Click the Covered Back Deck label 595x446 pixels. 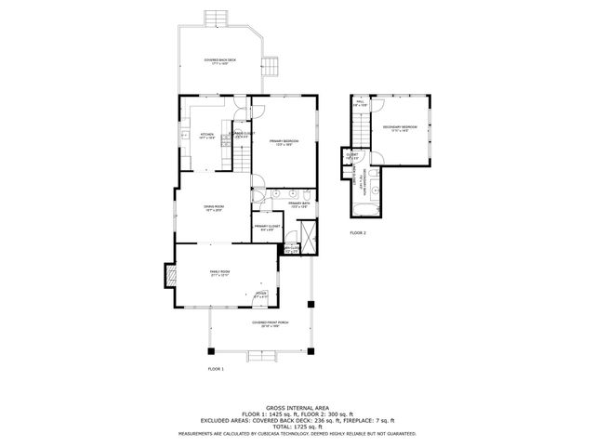[x=219, y=63]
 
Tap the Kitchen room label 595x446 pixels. [x=207, y=137]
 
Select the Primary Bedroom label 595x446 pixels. [x=284, y=142]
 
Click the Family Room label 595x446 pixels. [x=219, y=273]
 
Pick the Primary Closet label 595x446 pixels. [x=267, y=227]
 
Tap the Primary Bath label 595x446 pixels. [x=297, y=203]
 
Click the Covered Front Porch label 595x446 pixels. [x=270, y=324]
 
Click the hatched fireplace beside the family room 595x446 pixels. [x=169, y=276]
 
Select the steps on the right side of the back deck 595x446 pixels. [x=271, y=68]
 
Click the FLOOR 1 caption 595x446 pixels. [x=216, y=370]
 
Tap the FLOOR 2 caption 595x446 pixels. [x=358, y=232]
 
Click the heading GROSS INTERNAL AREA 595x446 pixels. [x=297, y=407]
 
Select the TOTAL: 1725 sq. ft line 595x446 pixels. [x=297, y=426]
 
